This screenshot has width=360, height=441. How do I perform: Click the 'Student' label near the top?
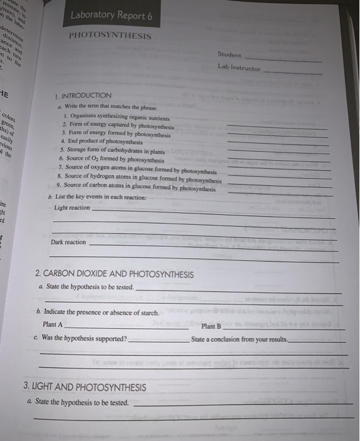point(229,55)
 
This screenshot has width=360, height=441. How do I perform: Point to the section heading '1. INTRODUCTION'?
point(83,94)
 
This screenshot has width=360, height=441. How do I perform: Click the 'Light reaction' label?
point(72,207)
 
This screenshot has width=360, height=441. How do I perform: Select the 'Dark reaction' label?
point(68,242)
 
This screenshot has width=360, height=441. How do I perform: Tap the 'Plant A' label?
point(52,324)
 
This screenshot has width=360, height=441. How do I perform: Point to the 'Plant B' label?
point(211,326)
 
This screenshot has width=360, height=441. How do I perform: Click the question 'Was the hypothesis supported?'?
point(86,338)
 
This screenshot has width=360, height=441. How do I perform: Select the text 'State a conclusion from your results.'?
point(238,340)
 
